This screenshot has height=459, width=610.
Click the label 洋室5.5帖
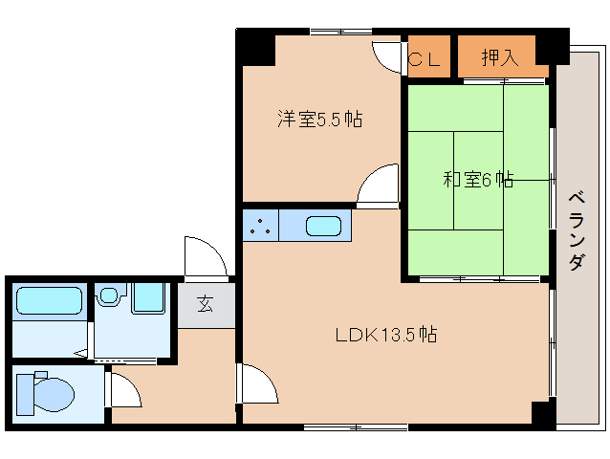[x=319, y=120]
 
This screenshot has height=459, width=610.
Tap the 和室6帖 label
[x=478, y=179]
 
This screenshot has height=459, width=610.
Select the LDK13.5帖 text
[x=386, y=336]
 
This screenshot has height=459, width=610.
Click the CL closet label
[x=425, y=58]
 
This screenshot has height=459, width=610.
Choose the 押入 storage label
[x=499, y=57]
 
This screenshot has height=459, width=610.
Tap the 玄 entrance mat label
[x=206, y=305]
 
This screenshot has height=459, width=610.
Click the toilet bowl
[x=48, y=392]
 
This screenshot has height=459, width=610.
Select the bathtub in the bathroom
[x=48, y=303]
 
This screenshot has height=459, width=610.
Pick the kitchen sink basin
[x=323, y=227]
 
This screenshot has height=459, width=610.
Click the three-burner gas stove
[x=260, y=227]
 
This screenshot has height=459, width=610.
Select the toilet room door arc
[x=124, y=389]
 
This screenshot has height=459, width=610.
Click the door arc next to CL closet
[x=388, y=57]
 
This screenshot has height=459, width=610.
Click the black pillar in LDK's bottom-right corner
[x=542, y=414]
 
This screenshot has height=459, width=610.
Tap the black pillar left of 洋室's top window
[x=254, y=45]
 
